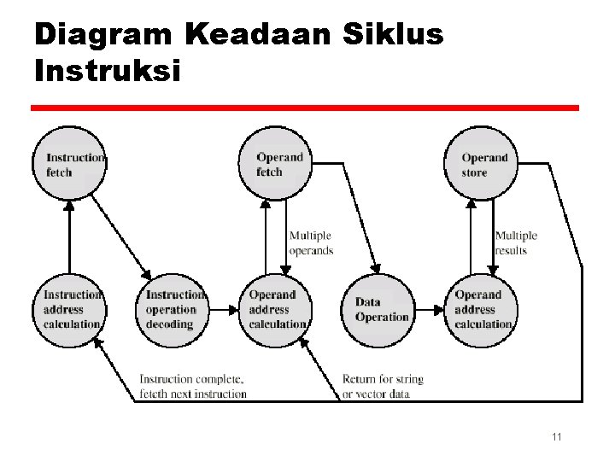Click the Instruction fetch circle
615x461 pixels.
click(70, 164)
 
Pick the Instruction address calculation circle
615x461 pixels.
click(70, 309)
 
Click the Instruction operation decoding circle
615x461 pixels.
click(173, 309)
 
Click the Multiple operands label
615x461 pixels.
click(311, 242)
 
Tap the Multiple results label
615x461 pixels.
click(516, 242)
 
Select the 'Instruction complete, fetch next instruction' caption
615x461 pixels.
click(192, 386)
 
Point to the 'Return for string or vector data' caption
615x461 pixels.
click(383, 386)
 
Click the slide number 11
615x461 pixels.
click(556, 437)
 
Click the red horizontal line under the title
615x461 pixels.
click(305, 108)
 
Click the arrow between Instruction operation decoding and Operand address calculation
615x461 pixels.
click(224, 309)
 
